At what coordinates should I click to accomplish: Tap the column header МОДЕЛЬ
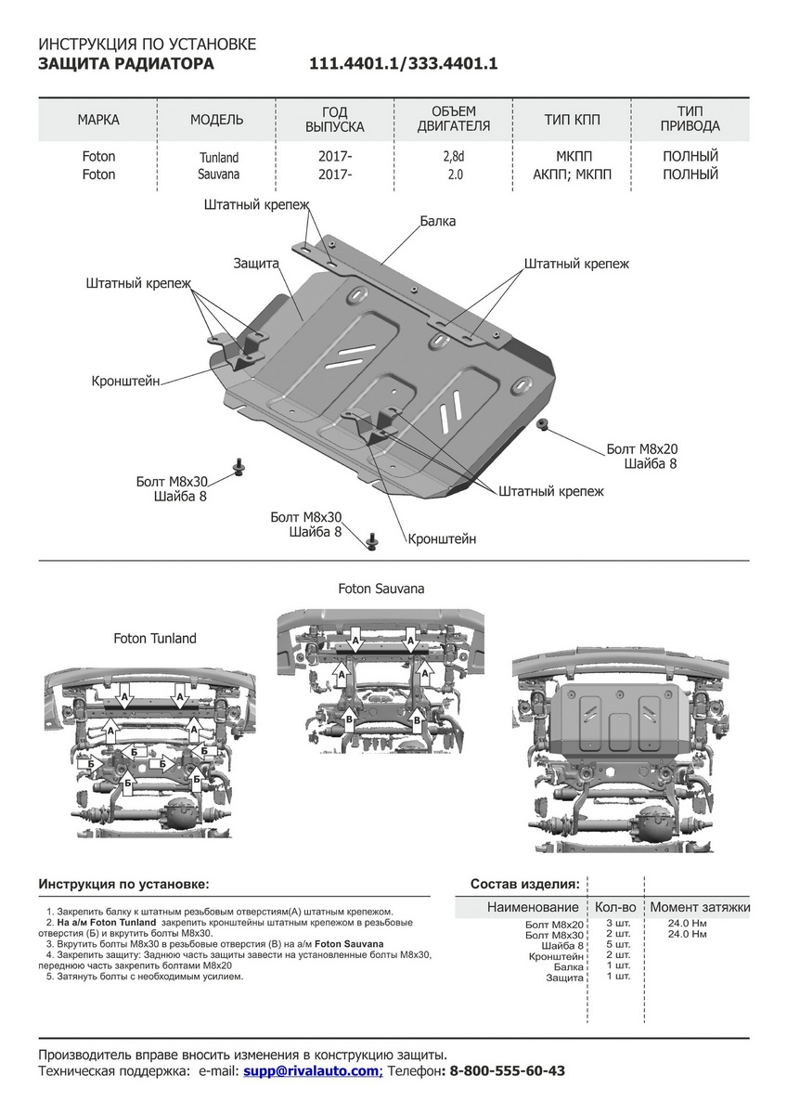point(216,120)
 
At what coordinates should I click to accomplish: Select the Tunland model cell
point(218,158)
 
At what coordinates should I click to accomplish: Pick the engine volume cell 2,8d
point(453,157)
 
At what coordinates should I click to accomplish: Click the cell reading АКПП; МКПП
point(573,175)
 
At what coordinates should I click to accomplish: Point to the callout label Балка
point(437,222)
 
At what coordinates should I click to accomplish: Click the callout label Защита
point(256,264)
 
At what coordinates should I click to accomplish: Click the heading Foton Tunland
point(155,639)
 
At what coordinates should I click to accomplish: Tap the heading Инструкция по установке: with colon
point(123,884)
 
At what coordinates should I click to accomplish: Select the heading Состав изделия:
point(525,884)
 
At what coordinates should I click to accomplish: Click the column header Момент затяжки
point(700,907)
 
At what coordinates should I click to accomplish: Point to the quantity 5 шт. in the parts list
point(617,944)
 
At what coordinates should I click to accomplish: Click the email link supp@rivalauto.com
point(312,1071)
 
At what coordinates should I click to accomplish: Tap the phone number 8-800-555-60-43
point(507,1071)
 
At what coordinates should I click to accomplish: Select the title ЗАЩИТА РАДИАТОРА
point(126,64)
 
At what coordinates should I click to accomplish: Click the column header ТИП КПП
point(573,120)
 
